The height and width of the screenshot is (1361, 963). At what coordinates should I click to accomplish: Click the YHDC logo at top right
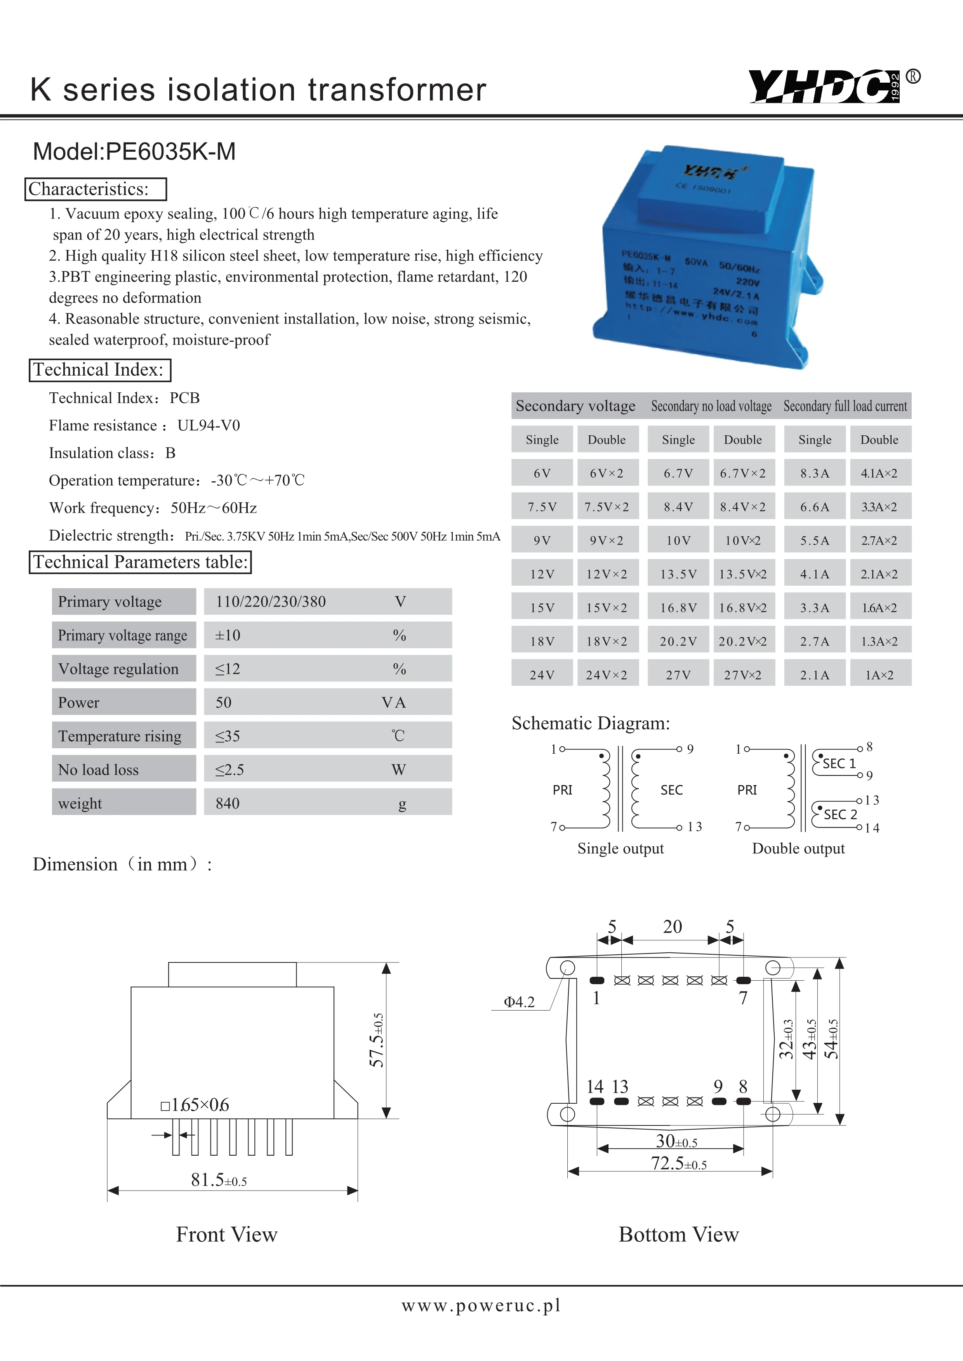824,87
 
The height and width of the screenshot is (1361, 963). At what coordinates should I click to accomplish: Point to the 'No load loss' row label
98,770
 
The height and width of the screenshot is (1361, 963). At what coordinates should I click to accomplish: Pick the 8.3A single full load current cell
814,473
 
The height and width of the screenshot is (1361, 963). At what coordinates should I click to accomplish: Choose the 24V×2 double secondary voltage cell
606,674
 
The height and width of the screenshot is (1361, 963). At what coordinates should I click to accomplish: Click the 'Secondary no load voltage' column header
711,406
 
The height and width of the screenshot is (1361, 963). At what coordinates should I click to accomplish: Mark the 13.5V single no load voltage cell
678,574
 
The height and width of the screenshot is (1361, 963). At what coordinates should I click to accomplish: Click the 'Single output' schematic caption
620,848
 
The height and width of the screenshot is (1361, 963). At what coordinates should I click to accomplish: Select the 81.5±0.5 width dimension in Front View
219,1180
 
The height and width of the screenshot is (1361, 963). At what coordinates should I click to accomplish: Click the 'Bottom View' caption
678,1234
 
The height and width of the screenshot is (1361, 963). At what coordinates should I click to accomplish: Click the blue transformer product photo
706,255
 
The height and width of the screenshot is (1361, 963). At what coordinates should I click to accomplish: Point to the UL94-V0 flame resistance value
209,426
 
